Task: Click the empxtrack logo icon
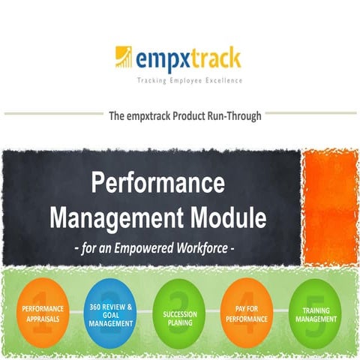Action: point(124,57)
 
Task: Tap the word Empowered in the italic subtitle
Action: point(153,246)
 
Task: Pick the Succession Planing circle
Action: point(179,313)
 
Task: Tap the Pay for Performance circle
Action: point(249,313)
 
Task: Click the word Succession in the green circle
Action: point(180,309)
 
